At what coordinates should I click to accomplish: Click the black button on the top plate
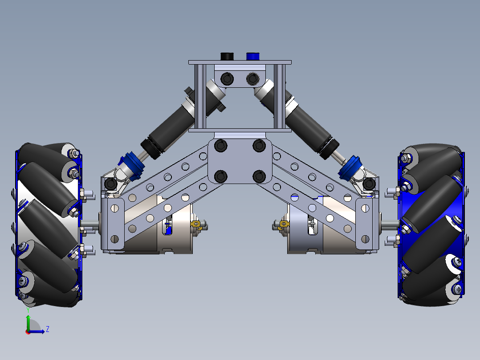pos(227,56)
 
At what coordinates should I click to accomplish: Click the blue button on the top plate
pos(252,56)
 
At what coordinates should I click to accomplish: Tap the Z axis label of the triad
pos(48,329)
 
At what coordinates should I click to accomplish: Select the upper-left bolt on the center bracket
pos(221,146)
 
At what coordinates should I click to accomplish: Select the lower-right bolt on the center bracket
pos(259,176)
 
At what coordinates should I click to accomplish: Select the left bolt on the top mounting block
pos(226,79)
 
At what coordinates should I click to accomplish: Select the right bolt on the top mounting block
pos(252,79)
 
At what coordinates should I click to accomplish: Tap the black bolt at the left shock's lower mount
pos(110,183)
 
